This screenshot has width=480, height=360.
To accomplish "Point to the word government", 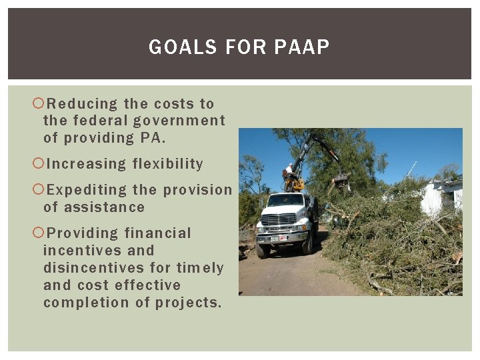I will point(179,121).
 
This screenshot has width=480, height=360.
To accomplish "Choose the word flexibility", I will point(168,164).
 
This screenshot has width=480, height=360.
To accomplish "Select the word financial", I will point(157,233).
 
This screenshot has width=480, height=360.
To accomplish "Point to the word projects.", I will point(189,303).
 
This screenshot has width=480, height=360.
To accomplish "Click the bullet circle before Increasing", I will point(38,164).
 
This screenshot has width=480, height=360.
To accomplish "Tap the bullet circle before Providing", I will point(38,233).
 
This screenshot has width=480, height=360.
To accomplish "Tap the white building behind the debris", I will point(440,197).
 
